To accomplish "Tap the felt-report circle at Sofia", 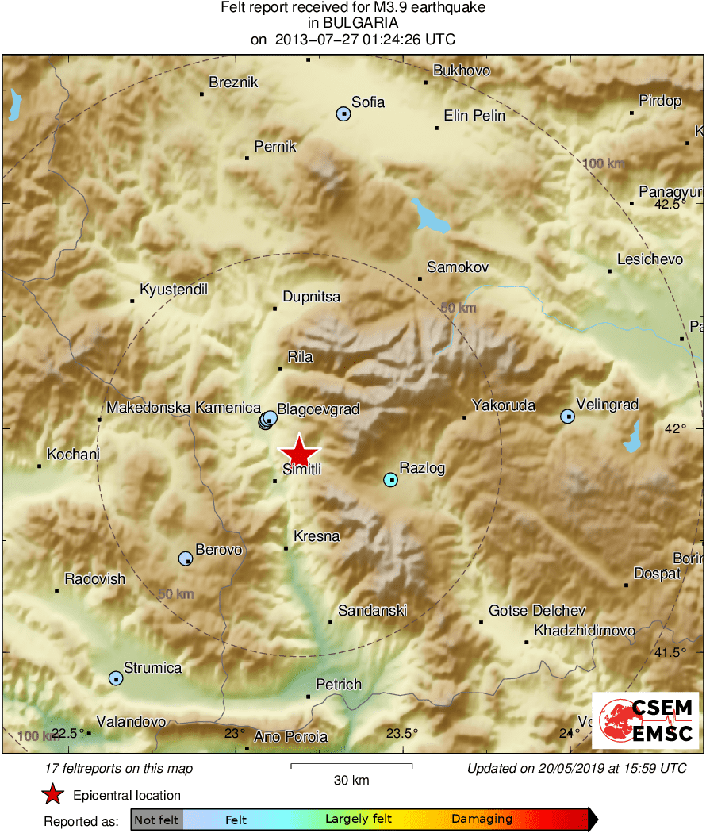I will coord(343,114).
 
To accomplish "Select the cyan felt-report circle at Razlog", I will coord(390,479).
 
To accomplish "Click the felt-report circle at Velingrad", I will coord(568,416).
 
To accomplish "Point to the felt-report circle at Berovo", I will coord(186,559).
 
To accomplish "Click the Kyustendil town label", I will coord(173,290).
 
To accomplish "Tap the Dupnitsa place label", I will coord(311,297).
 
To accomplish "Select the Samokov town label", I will coord(458,267).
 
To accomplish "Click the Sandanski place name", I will coord(372,610).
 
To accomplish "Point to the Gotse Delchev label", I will coord(537,610).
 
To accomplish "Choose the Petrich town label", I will coord(339,684).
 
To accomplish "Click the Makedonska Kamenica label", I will coord(184,408).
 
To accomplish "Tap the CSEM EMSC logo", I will coord(646,720).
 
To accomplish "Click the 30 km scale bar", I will coord(351,766).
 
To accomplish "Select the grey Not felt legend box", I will coord(156,820).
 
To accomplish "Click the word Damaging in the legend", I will coord(482,819).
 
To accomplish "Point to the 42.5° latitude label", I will coord(670,204).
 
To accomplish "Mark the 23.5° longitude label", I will coord(402,732).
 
